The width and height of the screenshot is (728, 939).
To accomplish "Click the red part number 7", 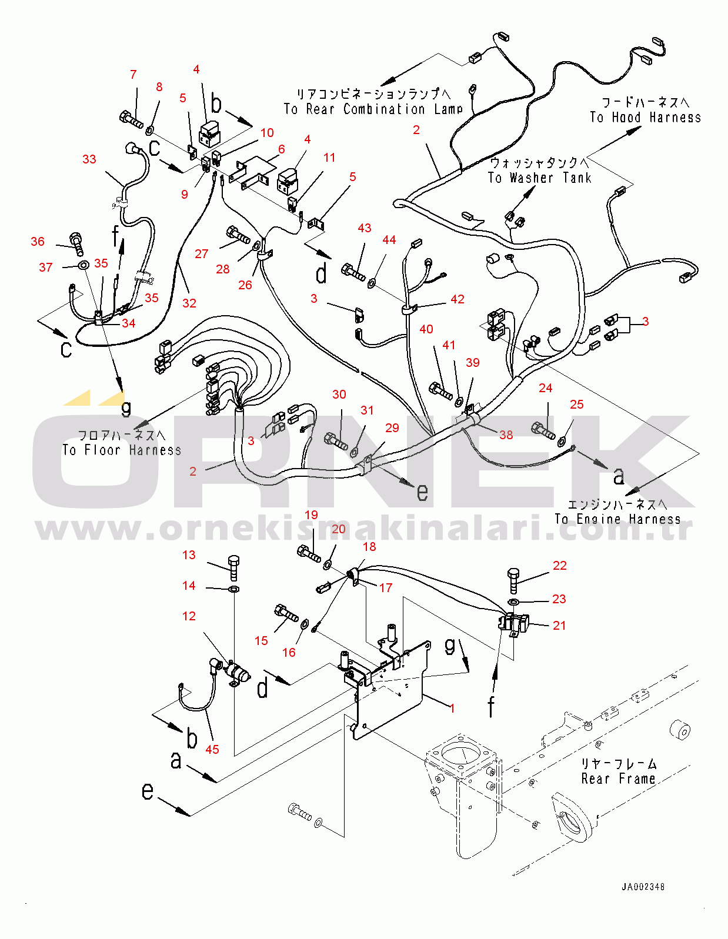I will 133,75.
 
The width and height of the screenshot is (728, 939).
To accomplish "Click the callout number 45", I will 212,749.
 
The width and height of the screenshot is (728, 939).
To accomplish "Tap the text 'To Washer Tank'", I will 539,178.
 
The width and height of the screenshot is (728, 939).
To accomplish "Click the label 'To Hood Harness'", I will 645,118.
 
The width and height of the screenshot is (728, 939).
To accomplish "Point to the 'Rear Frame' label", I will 618,779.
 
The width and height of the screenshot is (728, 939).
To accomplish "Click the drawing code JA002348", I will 643,887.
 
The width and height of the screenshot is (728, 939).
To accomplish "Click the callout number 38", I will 506,435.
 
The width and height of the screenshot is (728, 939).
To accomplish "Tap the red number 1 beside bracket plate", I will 452,708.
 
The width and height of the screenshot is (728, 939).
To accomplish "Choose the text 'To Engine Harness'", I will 617,519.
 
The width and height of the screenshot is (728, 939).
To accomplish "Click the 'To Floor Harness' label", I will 122,450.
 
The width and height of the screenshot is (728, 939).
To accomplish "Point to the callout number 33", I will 89,159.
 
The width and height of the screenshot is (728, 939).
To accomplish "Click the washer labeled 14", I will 233,589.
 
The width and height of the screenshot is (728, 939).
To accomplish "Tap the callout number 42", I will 457,299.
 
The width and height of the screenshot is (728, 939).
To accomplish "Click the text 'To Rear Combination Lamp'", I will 373,109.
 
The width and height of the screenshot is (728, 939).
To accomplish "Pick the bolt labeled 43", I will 352,272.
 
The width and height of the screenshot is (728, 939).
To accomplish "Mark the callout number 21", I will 559,626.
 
